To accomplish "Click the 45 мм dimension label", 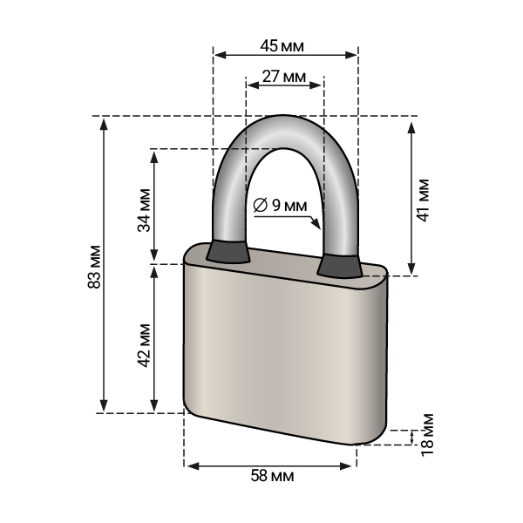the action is coord(282,46).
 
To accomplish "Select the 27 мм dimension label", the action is coord(284,77).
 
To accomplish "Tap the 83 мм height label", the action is coord(95,267).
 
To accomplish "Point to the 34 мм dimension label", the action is coord(145,210).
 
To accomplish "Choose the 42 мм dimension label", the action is coord(145,345).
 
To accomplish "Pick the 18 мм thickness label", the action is coord(427,435).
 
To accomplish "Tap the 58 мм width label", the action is coord(273,476).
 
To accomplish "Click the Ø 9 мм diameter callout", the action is coord(280,205).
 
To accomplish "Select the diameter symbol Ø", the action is coord(260,205).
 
